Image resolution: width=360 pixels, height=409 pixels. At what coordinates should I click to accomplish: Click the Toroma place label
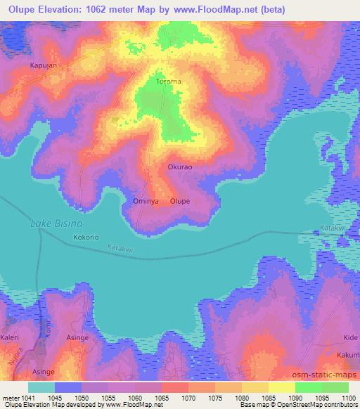(x=168, y=82)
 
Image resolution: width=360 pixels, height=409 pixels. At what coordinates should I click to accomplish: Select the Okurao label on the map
(x=180, y=167)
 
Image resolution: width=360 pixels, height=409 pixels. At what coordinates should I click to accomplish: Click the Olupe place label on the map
(x=180, y=201)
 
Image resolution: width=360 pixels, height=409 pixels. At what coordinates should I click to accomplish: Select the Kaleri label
(x=13, y=337)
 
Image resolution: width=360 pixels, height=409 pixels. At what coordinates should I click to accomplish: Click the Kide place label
(x=349, y=337)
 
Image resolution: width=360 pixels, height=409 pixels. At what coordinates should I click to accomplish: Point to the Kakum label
(x=348, y=356)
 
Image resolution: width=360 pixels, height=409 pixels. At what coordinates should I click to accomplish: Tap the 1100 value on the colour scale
(x=348, y=396)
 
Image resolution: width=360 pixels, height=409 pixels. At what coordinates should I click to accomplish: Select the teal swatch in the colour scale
(x=41, y=387)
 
